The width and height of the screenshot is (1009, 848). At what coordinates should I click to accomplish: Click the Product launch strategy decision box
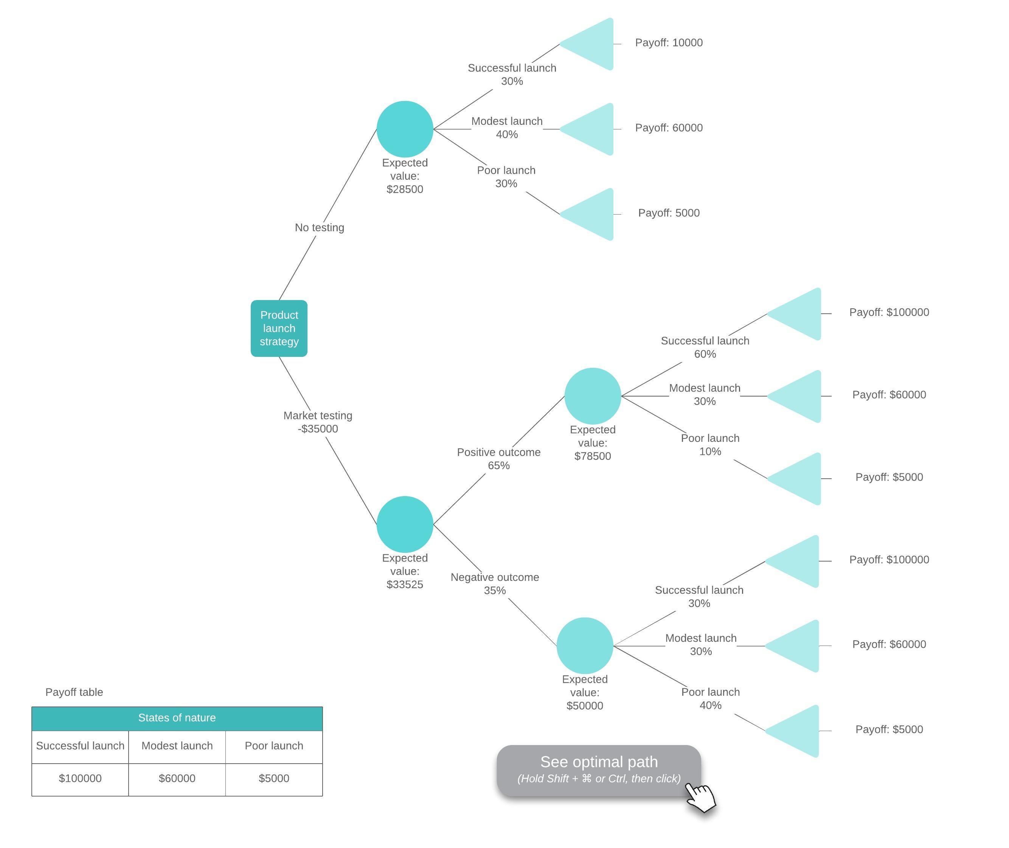click(x=279, y=328)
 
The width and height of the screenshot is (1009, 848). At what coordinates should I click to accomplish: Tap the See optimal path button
click(x=598, y=770)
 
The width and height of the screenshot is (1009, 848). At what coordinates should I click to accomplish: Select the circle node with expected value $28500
click(x=405, y=129)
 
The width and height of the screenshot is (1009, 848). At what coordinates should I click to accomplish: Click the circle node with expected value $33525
click(x=405, y=524)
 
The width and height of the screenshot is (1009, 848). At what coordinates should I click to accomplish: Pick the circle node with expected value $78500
click(x=592, y=396)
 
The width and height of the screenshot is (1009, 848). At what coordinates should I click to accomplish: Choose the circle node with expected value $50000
click(x=584, y=645)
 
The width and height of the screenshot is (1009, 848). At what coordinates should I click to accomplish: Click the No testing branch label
click(x=319, y=227)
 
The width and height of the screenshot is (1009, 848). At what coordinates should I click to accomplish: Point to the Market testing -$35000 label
click(x=318, y=422)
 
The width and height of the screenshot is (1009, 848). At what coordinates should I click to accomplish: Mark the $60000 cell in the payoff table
click(x=177, y=778)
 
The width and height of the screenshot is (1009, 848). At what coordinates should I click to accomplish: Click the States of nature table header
click(x=177, y=718)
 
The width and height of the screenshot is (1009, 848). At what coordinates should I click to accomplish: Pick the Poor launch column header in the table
click(x=274, y=745)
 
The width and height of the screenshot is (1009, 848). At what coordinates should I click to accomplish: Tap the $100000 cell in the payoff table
click(x=80, y=778)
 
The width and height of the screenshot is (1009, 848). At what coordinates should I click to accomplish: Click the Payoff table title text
click(x=74, y=692)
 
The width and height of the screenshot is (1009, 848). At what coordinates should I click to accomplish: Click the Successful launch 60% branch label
click(x=705, y=347)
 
